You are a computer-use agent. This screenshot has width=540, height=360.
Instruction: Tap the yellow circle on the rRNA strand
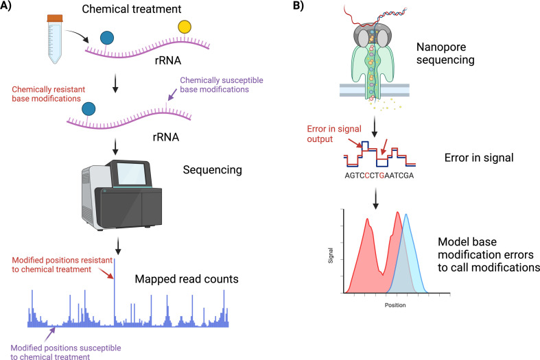[185, 27]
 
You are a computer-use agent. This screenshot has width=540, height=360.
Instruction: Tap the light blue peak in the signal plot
[406, 240]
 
